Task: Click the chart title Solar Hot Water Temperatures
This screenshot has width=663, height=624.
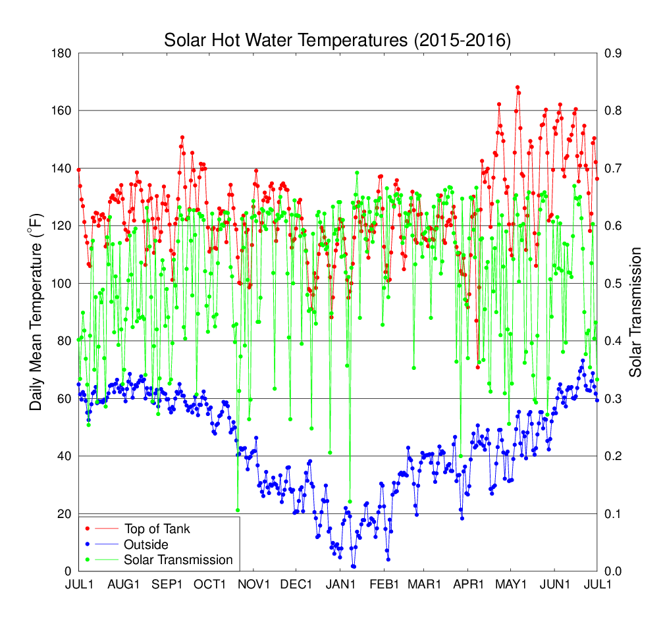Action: pyautogui.click(x=337, y=40)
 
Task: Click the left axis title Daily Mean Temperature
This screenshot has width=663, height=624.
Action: pyautogui.click(x=36, y=312)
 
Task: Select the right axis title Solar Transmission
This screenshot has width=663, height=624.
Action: pyautogui.click(x=635, y=312)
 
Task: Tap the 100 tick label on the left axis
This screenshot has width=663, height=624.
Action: pyautogui.click(x=61, y=284)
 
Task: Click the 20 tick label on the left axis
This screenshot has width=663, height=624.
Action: pyautogui.click(x=65, y=514)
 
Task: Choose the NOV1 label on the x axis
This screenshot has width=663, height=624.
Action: pyautogui.click(x=254, y=585)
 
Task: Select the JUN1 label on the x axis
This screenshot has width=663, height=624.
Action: pyautogui.click(x=557, y=585)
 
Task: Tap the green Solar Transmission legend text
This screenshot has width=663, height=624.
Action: pyautogui.click(x=178, y=560)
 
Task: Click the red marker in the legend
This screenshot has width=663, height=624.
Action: pyautogui.click(x=88, y=529)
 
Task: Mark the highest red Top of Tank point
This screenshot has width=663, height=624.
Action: pyautogui.click(x=517, y=87)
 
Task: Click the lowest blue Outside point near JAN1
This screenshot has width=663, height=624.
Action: pyautogui.click(x=354, y=567)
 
